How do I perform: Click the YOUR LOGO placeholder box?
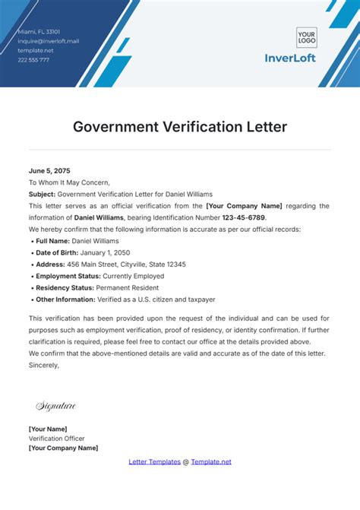306,37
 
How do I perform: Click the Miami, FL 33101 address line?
39,32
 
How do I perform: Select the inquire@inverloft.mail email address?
49,41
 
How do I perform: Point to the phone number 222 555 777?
34,59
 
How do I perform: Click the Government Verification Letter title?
180,126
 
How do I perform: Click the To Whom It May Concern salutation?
69,182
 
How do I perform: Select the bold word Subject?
42,194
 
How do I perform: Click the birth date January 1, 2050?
108,252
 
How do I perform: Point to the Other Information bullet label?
68,299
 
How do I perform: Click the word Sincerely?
44,365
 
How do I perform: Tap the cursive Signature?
56,407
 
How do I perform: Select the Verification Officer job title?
57,439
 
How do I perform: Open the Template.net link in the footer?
211,461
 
